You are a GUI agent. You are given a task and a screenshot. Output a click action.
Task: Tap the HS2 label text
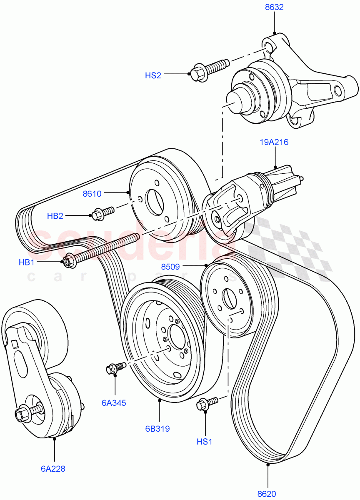coord(153,75)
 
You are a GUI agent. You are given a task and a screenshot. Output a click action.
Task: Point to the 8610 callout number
coord(92,193)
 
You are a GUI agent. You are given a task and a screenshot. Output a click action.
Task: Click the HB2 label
coord(55,216)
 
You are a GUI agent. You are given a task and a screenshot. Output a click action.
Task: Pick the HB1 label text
coord(27,262)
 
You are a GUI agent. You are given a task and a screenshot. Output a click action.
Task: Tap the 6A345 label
coord(113,403)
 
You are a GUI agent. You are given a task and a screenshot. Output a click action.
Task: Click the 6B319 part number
coord(157,428)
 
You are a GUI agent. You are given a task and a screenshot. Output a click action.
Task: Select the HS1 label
coord(205,441)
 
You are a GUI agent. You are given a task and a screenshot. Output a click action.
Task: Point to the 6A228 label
coord(53,469)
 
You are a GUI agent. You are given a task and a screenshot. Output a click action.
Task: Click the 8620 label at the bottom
coord(267,494)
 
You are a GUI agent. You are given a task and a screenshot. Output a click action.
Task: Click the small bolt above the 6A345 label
coord(115,368)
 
